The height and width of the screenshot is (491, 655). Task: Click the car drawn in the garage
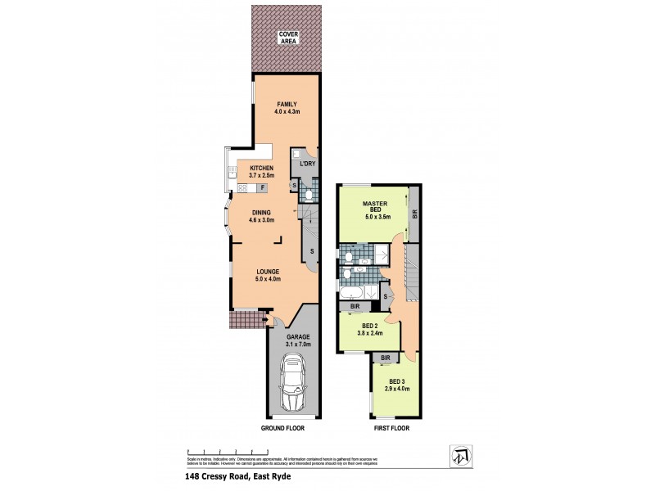click(x=292, y=385)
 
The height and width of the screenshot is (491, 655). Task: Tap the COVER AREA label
click(x=287, y=36)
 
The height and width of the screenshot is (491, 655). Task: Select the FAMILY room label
click(x=286, y=107)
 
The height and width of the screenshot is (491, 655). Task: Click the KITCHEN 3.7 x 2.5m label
click(x=261, y=171)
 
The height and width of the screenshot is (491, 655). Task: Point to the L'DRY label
click(x=307, y=164)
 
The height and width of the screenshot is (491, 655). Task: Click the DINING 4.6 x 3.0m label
click(x=261, y=215)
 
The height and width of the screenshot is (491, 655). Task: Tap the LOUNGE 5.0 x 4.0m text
click(x=268, y=275)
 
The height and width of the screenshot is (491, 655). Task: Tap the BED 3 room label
click(x=395, y=385)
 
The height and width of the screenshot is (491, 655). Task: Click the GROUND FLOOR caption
click(x=284, y=428)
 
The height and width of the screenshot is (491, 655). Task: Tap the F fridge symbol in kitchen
click(x=262, y=188)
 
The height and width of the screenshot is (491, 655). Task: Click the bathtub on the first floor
click(x=354, y=293)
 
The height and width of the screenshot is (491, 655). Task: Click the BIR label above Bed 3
click(x=385, y=358)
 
